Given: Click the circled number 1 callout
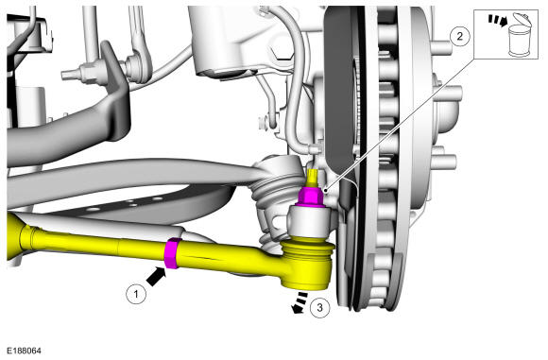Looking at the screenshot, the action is click(136, 294).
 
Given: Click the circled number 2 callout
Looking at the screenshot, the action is click(459, 36).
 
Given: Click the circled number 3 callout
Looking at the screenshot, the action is click(319, 308).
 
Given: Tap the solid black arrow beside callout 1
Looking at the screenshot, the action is click(156, 276).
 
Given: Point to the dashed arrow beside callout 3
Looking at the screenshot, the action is click(300, 302).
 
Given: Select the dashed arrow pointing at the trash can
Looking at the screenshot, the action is click(498, 20).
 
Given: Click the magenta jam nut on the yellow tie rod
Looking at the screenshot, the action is click(172, 253).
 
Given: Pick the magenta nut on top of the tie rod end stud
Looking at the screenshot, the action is click(311, 197).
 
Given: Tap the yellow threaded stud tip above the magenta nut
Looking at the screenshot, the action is click(310, 178).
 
